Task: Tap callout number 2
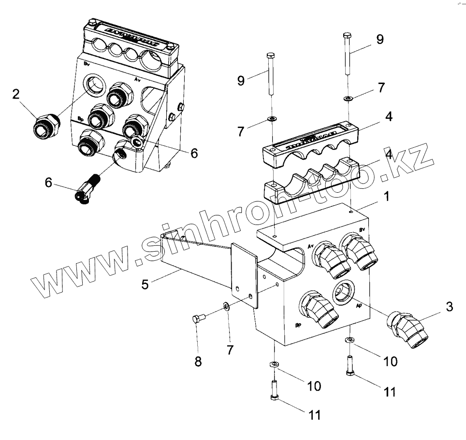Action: point(16,94)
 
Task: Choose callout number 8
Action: point(198,361)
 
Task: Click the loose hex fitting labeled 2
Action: point(46,127)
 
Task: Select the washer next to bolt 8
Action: point(227,307)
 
